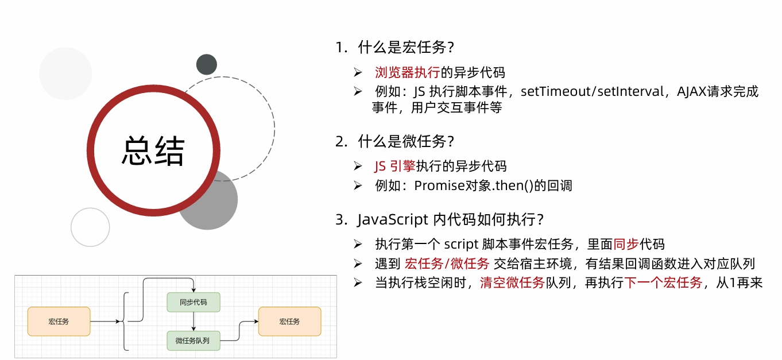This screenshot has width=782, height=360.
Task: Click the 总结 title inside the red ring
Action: [x=153, y=151]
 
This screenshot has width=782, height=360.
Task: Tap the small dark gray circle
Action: [x=206, y=64]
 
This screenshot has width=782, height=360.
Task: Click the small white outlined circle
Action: [x=90, y=227]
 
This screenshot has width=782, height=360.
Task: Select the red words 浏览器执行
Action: [x=407, y=72]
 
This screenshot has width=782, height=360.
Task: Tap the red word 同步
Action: [x=626, y=244]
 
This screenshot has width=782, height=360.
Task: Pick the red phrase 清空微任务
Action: [x=512, y=282]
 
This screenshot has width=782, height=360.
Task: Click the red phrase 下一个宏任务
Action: [x=663, y=282]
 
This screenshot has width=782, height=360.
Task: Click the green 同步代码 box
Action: [x=193, y=302]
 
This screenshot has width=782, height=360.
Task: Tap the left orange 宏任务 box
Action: [x=59, y=322]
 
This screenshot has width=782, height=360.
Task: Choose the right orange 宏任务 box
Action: [x=289, y=322]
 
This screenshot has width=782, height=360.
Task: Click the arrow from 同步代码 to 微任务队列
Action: [x=194, y=322]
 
